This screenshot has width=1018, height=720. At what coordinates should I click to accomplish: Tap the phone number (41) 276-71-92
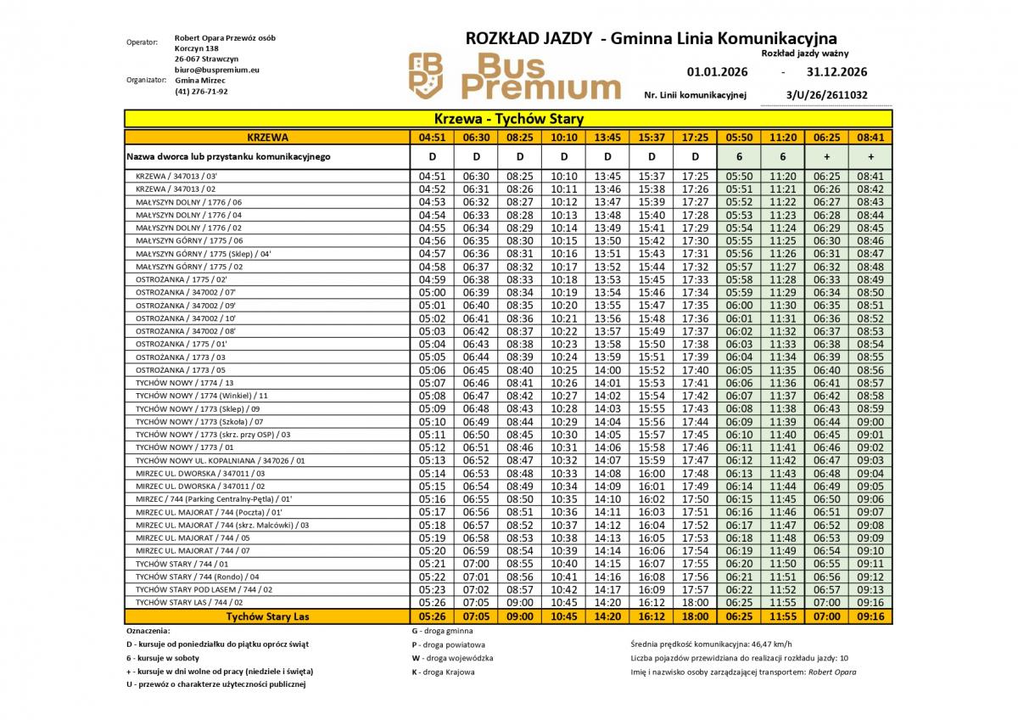coord(201,91)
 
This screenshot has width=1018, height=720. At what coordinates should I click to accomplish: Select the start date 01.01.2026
coord(717,72)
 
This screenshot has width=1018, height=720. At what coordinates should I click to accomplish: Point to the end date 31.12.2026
coord(836,72)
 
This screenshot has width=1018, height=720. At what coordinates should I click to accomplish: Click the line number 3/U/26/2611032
coord(827,95)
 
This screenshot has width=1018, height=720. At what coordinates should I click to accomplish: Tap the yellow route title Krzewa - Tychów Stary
coord(508,119)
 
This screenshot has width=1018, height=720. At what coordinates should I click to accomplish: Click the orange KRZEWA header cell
coord(267,137)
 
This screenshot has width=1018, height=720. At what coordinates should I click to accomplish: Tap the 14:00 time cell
coord(607,370)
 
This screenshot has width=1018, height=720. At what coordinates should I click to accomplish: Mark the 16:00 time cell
coord(652,473)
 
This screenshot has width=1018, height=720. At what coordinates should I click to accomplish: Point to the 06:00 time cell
coord(739,305)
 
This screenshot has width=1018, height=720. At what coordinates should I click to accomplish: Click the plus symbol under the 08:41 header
coord(870,157)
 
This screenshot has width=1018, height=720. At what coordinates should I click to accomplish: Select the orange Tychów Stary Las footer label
coord(267,616)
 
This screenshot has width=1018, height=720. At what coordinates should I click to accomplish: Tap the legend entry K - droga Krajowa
coord(443,672)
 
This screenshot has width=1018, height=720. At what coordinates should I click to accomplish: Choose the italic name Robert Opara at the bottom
coord(832,672)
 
